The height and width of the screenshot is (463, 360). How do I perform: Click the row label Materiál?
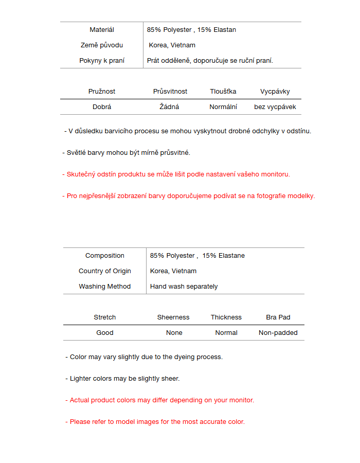(102, 30)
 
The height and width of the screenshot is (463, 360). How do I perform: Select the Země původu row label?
(102, 45)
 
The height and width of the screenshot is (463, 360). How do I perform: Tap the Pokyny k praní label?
(102, 61)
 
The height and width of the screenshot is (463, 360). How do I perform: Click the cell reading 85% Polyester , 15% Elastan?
(191, 30)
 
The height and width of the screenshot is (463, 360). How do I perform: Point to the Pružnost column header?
(102, 92)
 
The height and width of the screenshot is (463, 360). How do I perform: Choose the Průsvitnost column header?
(170, 92)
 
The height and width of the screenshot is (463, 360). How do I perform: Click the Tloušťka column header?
(223, 92)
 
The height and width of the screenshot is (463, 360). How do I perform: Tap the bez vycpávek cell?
(275, 107)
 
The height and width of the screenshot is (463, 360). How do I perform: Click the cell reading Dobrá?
(102, 107)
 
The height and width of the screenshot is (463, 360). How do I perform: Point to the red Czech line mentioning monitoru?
(176, 174)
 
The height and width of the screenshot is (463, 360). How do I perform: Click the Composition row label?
(105, 256)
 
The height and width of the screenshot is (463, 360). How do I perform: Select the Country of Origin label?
(105, 271)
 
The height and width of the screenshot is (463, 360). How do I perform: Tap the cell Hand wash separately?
(184, 287)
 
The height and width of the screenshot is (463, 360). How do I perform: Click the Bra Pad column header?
(278, 317)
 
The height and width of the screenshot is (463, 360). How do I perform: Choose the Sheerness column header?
(173, 317)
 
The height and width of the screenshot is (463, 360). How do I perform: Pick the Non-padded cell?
(278, 333)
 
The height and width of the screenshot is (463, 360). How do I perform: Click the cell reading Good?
(105, 333)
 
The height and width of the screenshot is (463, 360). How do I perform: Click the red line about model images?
(155, 422)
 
